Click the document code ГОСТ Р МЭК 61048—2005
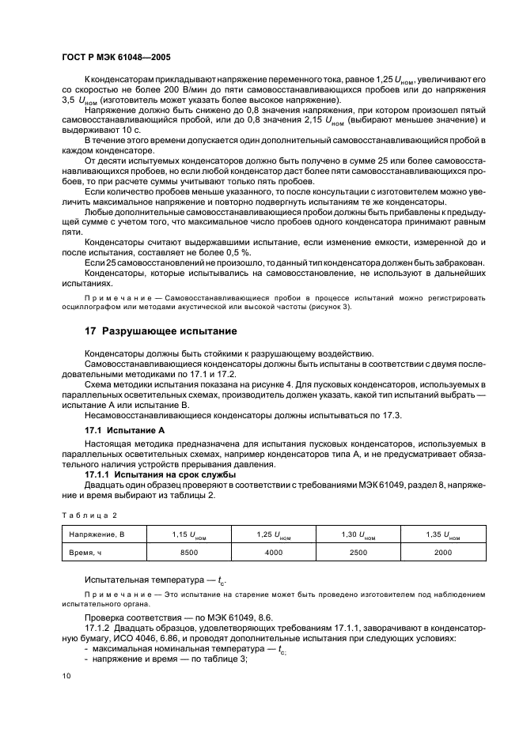[x=116, y=59]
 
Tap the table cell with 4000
[x=274, y=553]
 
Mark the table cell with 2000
[x=443, y=553]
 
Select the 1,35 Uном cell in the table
[x=443, y=536]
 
